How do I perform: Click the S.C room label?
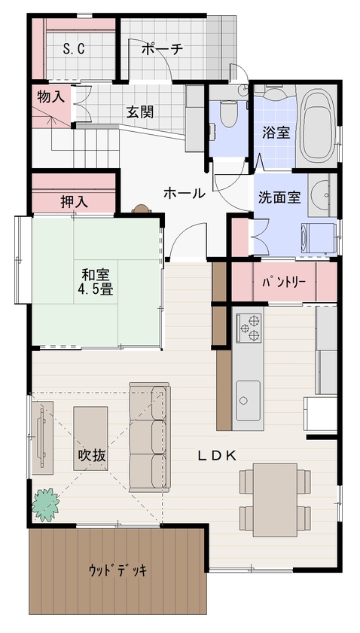pyautogui.click(x=73, y=50)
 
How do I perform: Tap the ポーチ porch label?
pyautogui.click(x=162, y=50)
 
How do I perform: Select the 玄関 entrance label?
pyautogui.click(x=140, y=112)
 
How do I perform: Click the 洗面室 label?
pyautogui.click(x=279, y=198)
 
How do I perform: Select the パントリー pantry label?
pyautogui.click(x=283, y=283)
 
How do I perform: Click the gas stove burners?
pyautogui.click(x=249, y=326)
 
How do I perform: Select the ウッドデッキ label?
pyautogui.click(x=117, y=569)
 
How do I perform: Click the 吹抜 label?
pyautogui.click(x=91, y=455)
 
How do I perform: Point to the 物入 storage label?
pyautogui.click(x=50, y=96)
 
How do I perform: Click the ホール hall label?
pyautogui.click(x=185, y=194)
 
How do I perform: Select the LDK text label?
pyautogui.click(x=218, y=455)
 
